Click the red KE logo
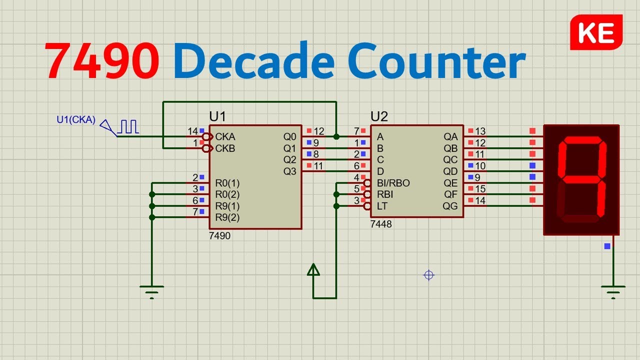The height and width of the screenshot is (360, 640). click(x=596, y=32)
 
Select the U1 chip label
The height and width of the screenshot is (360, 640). click(x=217, y=117)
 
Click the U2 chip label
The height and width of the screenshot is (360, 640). click(x=379, y=117)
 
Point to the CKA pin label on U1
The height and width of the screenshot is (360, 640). click(x=225, y=136)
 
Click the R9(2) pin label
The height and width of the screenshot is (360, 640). click(x=227, y=217)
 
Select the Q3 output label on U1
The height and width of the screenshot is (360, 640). click(x=289, y=171)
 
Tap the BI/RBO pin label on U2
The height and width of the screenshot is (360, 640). click(x=393, y=183)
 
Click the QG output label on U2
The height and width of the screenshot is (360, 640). click(x=450, y=206)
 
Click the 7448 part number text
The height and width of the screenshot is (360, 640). click(x=381, y=224)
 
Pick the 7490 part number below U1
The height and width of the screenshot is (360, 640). click(x=220, y=236)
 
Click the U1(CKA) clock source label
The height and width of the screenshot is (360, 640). click(x=75, y=119)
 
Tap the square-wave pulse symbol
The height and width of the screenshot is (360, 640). click(x=129, y=126)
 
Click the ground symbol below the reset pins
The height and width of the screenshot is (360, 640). click(x=151, y=291)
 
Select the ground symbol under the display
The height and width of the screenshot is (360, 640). click(x=613, y=291)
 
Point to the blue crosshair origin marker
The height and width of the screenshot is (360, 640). click(x=428, y=274)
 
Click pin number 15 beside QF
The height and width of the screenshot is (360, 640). click(x=480, y=189)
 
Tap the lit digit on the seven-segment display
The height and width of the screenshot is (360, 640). click(x=582, y=172)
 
